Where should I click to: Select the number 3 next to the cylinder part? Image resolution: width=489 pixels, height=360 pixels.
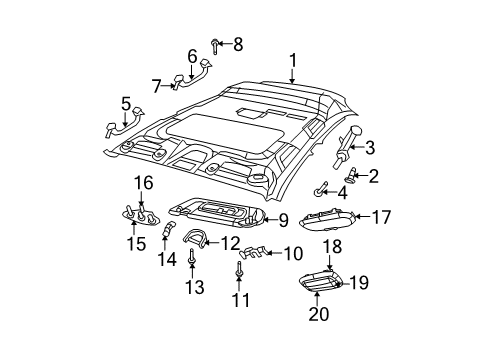[x=369, y=150]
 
